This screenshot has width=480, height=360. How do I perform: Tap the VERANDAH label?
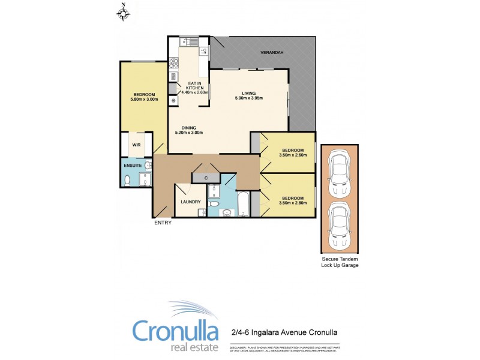pyautogui.click(x=271, y=53)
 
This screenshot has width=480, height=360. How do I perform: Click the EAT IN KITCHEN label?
pyautogui.click(x=195, y=88)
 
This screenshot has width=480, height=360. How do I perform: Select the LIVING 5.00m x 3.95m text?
pyautogui.click(x=249, y=96)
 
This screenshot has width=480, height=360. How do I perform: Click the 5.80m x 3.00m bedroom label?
pyautogui.click(x=144, y=97)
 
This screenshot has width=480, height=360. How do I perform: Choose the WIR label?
pyautogui.click(x=136, y=145)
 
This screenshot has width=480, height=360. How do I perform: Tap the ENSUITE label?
pyautogui.click(x=133, y=164)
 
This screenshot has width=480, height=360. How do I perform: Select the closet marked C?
pyautogui.click(x=205, y=178)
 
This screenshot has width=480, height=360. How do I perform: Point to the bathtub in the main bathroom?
pyautogui.click(x=244, y=205)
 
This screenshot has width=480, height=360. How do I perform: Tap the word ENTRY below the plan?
pyautogui.click(x=163, y=223)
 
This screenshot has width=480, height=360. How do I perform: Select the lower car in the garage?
pyautogui.click(x=340, y=226)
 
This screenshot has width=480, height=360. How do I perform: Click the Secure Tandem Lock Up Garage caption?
pyautogui.click(x=340, y=262)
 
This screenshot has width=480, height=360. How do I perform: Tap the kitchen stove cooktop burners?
pyautogui.click(x=174, y=62)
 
